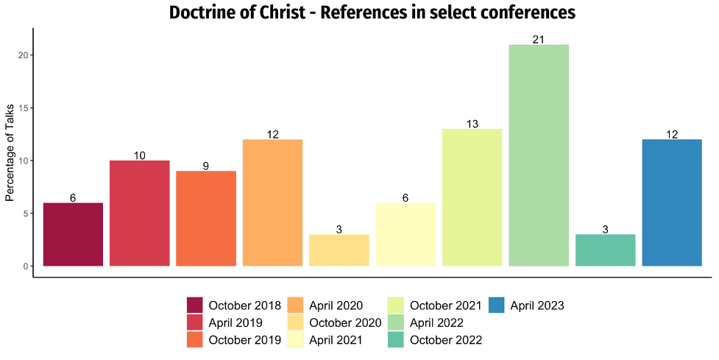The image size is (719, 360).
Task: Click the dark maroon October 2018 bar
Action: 73,234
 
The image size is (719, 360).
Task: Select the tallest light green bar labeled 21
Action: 539,155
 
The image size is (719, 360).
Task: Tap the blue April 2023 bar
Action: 672,202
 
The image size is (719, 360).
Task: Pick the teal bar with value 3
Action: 605,250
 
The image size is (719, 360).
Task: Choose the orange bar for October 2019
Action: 206,219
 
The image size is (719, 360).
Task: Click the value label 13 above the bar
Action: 472,124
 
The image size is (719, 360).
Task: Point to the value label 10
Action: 139,155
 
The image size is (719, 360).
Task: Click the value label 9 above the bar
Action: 206,166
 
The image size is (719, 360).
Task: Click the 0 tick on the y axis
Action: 26,266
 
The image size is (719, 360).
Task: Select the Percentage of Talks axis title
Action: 10,153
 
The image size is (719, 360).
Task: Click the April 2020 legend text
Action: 336,306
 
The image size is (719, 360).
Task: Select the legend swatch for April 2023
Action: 497,306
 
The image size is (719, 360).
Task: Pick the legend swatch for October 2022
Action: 396,340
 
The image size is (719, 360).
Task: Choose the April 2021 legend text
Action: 336,340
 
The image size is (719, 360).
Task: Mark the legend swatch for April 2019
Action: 194,322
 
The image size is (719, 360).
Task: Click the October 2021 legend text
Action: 446,306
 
